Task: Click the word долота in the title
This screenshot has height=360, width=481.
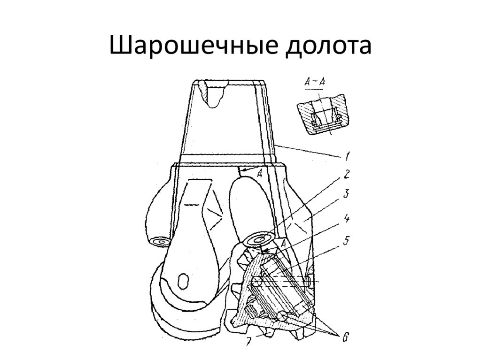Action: click(328, 46)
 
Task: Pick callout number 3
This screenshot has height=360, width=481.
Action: click(346, 194)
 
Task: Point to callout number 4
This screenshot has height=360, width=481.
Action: click(346, 219)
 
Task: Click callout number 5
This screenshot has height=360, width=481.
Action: click(346, 240)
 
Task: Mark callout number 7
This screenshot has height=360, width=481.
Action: click(249, 341)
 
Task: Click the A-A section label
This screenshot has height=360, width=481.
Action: click(314, 82)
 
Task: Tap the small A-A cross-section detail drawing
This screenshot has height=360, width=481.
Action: click(322, 114)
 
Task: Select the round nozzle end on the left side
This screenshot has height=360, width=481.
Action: click(161, 242)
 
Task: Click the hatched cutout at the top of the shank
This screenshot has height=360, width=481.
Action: click(213, 93)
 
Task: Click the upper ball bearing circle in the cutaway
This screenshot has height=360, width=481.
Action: click(257, 281)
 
